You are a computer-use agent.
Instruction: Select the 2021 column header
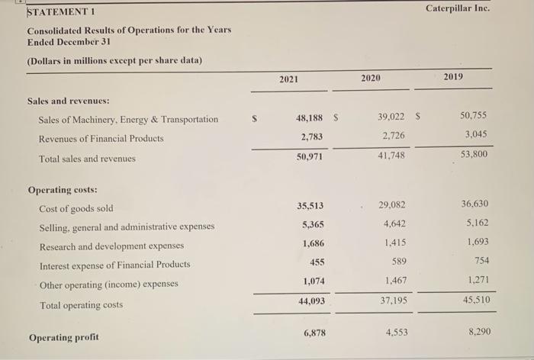click(289, 78)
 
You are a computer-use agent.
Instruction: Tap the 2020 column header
click(371, 78)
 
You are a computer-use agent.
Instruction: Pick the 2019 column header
click(452, 78)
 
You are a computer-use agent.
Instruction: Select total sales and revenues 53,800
click(474, 155)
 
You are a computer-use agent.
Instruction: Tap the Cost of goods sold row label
click(76, 208)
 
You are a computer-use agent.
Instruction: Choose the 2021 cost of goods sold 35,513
click(309, 205)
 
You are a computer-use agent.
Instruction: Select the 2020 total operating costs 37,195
click(392, 301)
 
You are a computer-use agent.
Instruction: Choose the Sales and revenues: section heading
click(69, 100)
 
